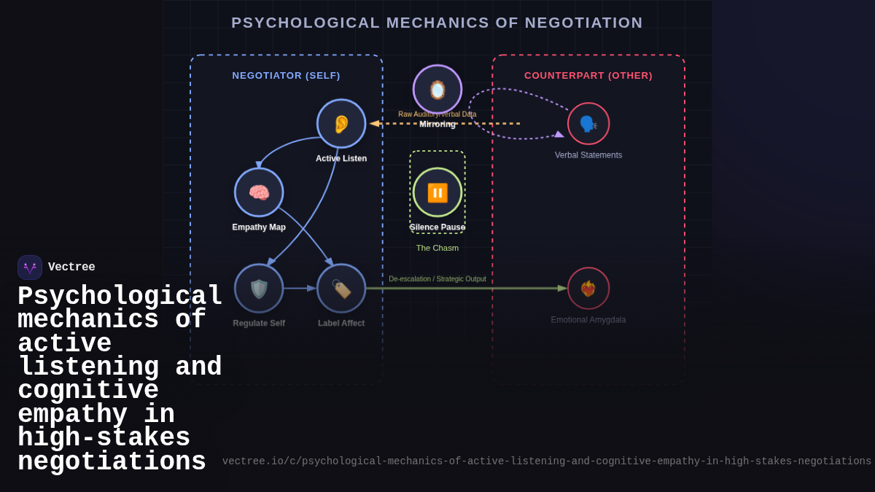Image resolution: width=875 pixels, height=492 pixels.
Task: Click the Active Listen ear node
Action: pos(341,124)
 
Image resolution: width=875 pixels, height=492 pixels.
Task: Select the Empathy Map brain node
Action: pos(259,192)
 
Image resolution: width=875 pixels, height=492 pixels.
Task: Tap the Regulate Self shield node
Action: pos(259,289)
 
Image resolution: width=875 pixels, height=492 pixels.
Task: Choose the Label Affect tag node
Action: pos(341,289)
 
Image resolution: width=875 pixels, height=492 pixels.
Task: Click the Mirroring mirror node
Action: pos(437,90)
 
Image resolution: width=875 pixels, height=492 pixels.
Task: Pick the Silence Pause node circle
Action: pos(437,192)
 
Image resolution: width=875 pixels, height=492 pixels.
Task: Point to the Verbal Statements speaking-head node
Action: pos(588,124)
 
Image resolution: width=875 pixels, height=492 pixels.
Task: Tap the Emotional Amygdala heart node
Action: pos(588,289)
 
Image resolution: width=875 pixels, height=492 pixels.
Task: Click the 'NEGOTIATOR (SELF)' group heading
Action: pos(286,76)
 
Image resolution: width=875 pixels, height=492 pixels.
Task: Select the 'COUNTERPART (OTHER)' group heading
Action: pos(588,76)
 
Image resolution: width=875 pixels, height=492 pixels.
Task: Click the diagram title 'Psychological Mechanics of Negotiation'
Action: pos(437,23)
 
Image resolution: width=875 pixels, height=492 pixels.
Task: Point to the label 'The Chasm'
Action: pos(437,248)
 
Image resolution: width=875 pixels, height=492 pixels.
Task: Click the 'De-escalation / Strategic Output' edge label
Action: pos(437,279)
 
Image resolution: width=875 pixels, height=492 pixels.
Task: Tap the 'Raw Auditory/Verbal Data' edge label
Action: pos(437,114)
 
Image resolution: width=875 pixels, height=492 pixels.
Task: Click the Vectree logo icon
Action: pos(30,268)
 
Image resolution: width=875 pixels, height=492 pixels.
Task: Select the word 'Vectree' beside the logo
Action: pos(71,268)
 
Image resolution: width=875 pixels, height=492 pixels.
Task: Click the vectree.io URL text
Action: pos(547,461)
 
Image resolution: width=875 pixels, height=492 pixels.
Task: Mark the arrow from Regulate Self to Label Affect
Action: pos(300,289)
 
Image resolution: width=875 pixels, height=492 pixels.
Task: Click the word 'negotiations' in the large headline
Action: pos(112,462)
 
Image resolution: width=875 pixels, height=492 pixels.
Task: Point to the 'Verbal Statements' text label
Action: pos(588,155)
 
